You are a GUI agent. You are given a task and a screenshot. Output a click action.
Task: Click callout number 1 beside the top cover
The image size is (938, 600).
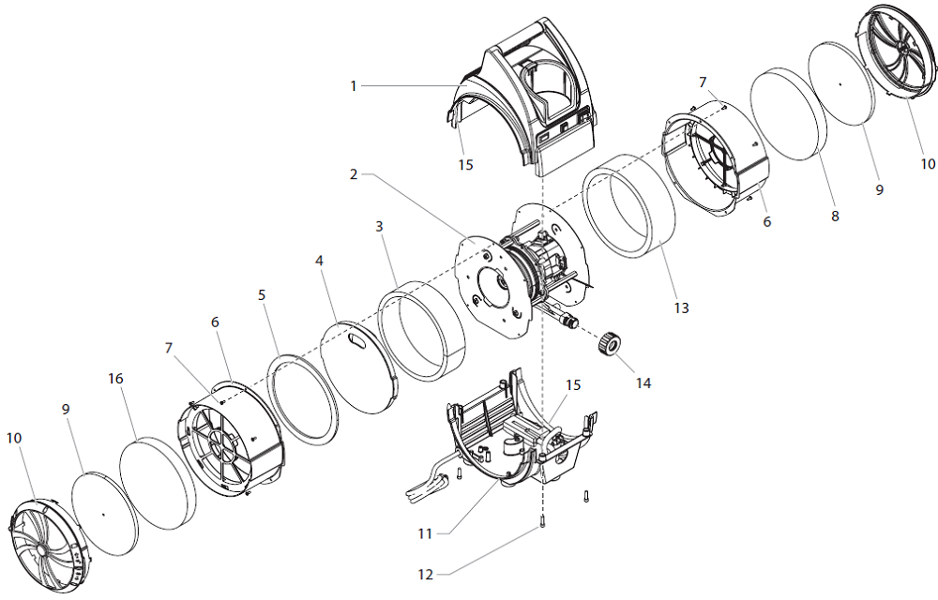[354, 86]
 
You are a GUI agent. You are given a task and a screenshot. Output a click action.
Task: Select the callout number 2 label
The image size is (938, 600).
[354, 174]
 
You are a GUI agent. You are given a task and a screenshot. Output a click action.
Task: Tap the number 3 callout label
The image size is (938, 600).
[379, 227]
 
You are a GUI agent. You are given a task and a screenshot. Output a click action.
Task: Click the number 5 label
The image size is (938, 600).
[263, 294]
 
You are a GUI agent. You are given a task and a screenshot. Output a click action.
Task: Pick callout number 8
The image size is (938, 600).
[835, 216]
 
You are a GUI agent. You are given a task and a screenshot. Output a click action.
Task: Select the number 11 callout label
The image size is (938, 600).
[425, 533]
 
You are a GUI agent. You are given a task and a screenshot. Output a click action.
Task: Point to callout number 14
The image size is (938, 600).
[643, 382]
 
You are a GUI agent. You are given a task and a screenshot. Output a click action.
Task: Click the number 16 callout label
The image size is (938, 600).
[115, 379]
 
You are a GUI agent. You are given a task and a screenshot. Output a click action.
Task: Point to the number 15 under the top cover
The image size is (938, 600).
[466, 165]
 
